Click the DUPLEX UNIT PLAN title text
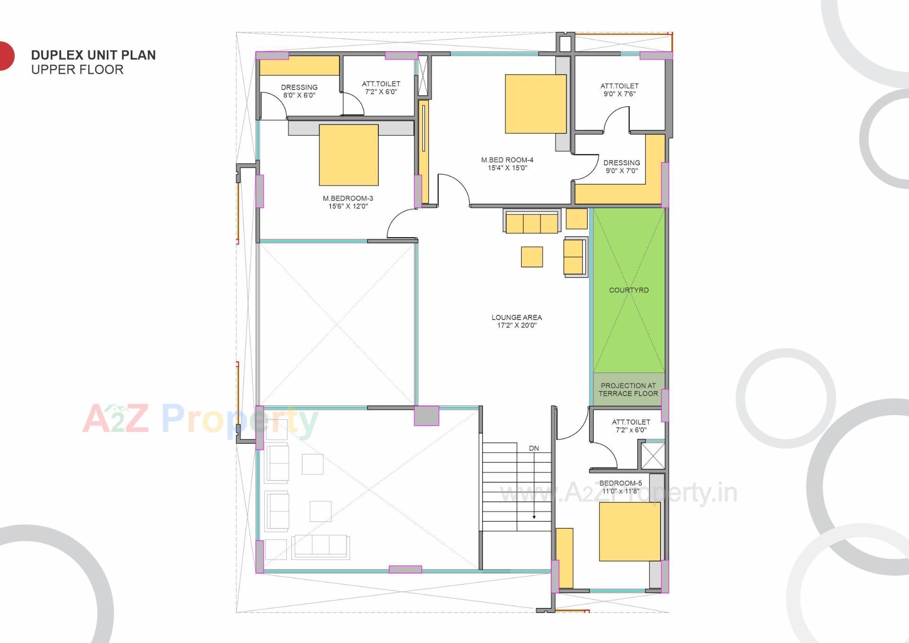pos(93,55)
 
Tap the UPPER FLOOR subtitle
pos(77,70)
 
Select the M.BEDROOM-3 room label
pos(348,202)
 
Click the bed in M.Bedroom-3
pos(348,155)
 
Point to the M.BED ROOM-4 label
pos(507,164)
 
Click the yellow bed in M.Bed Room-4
pos(535,104)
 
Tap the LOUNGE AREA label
pos(517,321)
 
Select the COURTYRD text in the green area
pos(629,290)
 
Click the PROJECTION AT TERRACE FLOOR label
pos(628,389)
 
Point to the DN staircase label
pos(534,448)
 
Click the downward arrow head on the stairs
pos(534,517)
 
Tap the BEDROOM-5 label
pos(621,487)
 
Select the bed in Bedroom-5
pos(630,531)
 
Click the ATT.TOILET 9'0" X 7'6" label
pos(619,89)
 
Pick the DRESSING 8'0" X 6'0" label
pos(299,91)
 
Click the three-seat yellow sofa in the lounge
pos(532,223)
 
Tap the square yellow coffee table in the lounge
pos(532,257)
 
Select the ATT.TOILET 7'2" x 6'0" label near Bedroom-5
pos(631,426)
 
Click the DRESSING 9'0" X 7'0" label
pos(622,166)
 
